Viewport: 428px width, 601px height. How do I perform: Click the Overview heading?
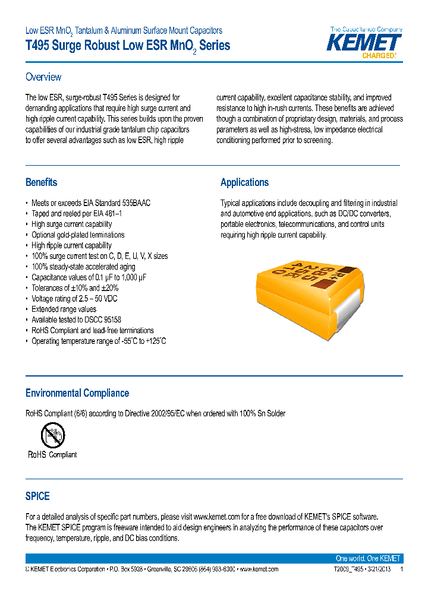[43, 77]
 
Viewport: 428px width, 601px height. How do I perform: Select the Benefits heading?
[42, 182]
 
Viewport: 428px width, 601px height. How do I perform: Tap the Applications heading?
[244, 182]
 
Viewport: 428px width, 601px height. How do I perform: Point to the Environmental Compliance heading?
[77, 393]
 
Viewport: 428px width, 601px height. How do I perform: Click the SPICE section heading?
[37, 496]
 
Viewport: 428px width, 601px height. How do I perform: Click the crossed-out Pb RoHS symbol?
[52, 436]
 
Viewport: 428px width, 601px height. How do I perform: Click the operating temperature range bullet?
[99, 341]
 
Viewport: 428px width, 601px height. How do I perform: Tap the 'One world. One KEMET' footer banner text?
[367, 559]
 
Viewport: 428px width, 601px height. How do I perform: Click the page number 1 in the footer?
[402, 569]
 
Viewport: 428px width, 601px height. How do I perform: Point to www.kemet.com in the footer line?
[259, 569]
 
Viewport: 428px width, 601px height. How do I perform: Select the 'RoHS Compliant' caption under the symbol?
[52, 455]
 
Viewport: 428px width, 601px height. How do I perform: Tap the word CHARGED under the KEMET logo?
[379, 56]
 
